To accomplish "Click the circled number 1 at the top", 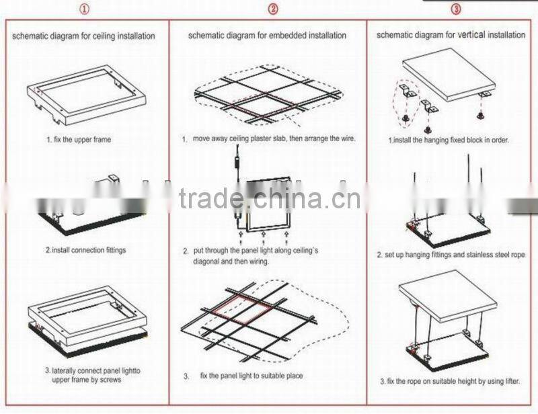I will [85, 9].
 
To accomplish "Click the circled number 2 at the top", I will [272, 9].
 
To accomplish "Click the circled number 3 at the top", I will [456, 9].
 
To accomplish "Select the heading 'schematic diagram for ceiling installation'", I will [83, 36].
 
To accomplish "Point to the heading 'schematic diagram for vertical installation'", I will [450, 34].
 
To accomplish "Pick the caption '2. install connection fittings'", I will [85, 250].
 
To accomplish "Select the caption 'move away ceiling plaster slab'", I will [272, 139].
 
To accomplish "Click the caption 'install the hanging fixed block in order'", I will [449, 140].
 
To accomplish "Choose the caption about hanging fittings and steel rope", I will [450, 255].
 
